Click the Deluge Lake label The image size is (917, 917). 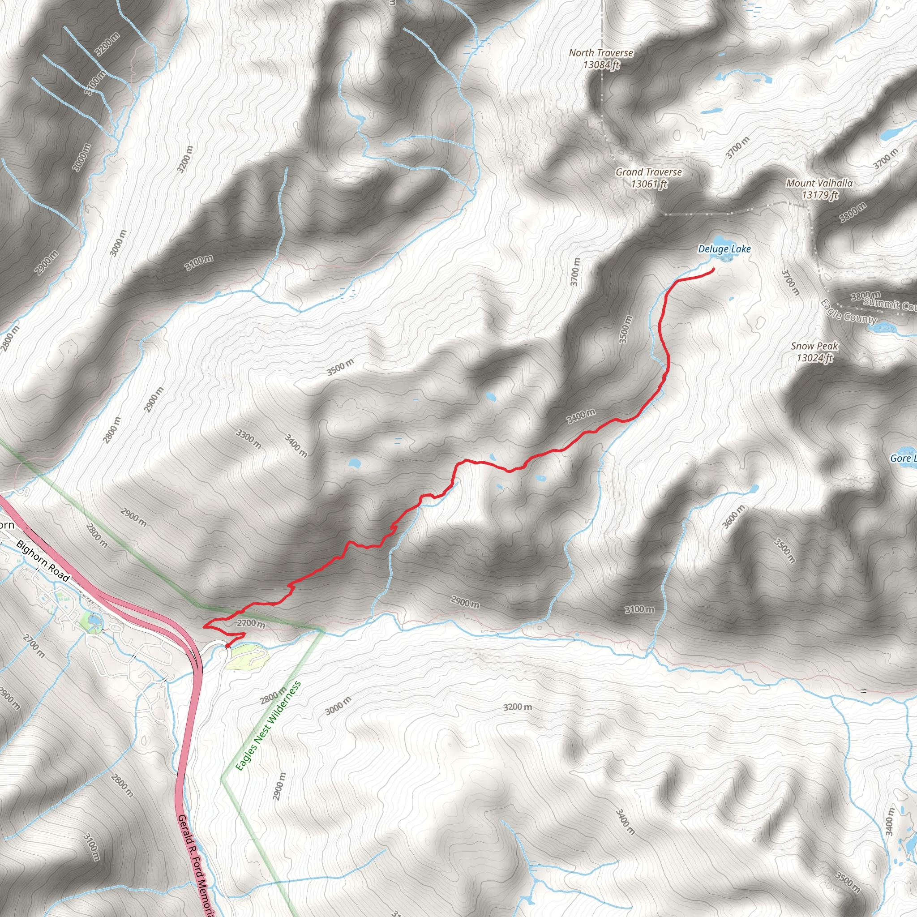724,249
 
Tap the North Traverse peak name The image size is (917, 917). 601,53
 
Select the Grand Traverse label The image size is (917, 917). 648,172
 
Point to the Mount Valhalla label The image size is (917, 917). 819,183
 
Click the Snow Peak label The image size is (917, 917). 814,346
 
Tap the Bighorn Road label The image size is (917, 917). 43,561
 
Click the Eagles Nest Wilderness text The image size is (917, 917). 268,726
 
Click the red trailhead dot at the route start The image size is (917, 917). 228,646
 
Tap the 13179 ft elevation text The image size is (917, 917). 820,195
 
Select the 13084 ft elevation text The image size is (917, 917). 601,64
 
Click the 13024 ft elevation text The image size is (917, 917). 814,358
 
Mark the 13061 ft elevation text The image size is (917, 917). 649,184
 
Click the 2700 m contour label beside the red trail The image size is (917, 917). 251,623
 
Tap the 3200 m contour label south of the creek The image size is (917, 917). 517,707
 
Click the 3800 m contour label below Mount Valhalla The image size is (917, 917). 853,212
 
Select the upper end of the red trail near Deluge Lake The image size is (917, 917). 713,270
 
